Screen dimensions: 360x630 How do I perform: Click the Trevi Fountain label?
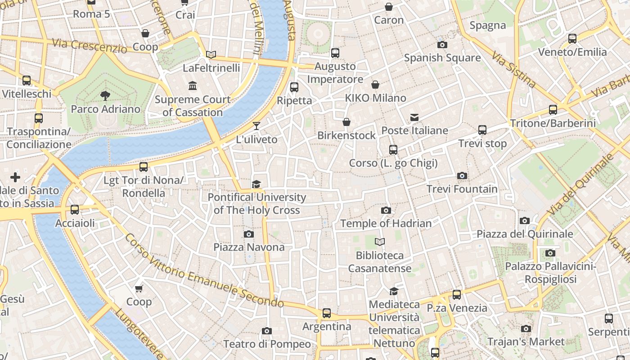coord(462,189)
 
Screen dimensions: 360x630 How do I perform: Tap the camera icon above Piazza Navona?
coord(248,234)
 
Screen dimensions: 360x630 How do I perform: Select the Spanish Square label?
coord(442,58)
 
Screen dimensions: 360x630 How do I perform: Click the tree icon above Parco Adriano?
coord(105,95)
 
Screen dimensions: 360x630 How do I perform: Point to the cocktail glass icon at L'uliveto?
coord(256,126)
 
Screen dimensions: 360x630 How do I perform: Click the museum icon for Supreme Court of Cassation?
coord(193,85)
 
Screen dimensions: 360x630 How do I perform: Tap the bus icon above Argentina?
coord(327,313)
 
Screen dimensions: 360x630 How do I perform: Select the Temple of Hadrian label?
coord(386,223)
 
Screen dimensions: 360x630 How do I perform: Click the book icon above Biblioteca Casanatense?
coord(380,242)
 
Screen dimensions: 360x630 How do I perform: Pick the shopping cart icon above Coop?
coord(139,288)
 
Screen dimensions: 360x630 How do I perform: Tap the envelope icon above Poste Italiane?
coord(414,117)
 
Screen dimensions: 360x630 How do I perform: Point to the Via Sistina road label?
coord(513,70)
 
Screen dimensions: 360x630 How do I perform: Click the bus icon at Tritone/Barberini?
coord(553,109)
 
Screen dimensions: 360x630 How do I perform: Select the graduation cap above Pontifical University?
coord(256,184)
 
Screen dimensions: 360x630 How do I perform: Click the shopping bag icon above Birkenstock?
coord(346,122)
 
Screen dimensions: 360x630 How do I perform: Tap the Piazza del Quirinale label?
coord(525,234)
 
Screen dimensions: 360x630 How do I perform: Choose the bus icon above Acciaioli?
coord(75,210)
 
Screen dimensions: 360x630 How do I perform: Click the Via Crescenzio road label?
coord(90,45)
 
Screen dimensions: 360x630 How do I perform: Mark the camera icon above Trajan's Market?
coord(526,328)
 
